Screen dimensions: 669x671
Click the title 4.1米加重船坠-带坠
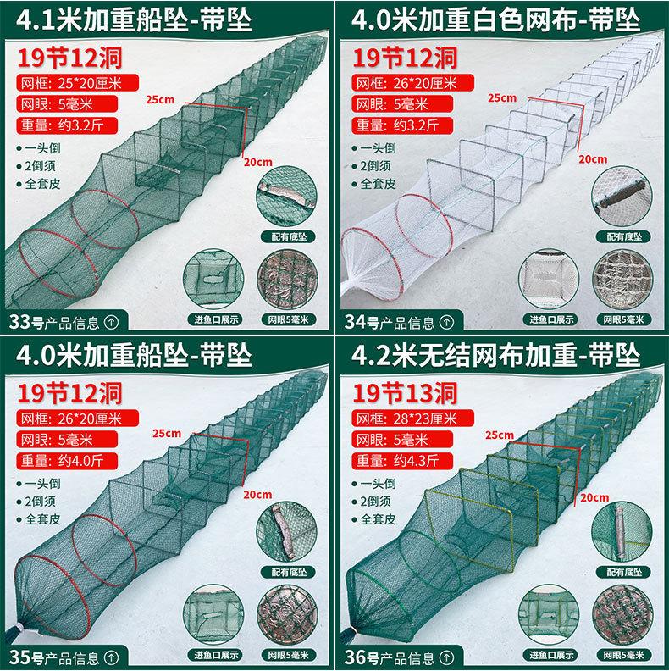coord(134,20)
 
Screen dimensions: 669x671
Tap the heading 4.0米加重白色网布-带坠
coord(495,20)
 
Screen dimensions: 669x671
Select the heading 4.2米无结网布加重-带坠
coord(495,356)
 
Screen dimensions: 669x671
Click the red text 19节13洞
coord(405,393)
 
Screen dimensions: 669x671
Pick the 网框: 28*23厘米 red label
coord(413,418)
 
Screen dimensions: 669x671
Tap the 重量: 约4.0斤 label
coord(67,460)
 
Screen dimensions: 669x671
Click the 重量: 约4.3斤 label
coord(402,460)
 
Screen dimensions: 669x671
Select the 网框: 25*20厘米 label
coord(77,82)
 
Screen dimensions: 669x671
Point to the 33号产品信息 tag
coord(64,322)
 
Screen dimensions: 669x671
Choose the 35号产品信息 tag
coord(64,657)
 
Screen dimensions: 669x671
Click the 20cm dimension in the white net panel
coord(593,159)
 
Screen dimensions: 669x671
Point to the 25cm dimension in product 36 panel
coord(499,435)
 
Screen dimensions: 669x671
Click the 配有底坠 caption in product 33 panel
coord(289,236)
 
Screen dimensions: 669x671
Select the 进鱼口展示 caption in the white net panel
coord(551,319)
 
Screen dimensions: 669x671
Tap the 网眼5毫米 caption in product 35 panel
coord(289,655)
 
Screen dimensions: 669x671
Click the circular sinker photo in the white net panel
coord(622,196)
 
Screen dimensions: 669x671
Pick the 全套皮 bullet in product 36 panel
coord(374,519)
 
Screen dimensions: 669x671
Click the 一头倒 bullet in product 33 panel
coord(39,148)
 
